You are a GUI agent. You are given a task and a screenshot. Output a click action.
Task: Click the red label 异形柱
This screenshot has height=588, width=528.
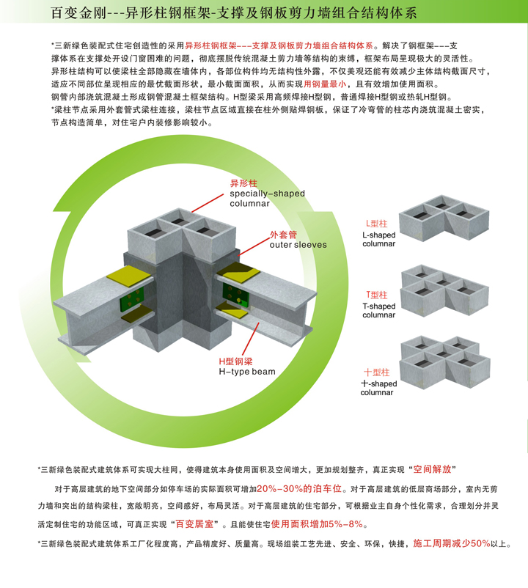[x=243, y=183]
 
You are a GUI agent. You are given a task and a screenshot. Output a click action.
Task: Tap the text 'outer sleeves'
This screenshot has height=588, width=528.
[x=298, y=245]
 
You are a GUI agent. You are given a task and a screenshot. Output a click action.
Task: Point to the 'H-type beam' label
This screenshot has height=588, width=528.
[x=247, y=372]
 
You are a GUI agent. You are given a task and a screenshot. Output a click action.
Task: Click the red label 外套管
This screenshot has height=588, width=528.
[x=283, y=235]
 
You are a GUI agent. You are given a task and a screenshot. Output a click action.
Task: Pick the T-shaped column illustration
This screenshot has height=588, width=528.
[x=444, y=290]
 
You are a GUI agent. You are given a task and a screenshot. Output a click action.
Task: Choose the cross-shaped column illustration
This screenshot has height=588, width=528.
[x=445, y=362]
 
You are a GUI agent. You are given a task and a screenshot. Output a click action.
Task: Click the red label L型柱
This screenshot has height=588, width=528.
[x=376, y=224]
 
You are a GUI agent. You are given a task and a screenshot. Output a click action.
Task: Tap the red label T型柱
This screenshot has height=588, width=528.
[x=377, y=295]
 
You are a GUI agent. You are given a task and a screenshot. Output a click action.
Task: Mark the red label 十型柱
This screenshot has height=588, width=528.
[x=376, y=372]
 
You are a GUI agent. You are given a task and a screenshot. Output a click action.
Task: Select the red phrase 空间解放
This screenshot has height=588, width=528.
[x=432, y=469]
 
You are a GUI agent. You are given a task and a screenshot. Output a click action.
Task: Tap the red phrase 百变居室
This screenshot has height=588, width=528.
[x=194, y=524]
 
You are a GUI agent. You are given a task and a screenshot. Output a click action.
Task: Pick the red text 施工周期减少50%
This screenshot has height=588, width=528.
[x=452, y=543]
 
